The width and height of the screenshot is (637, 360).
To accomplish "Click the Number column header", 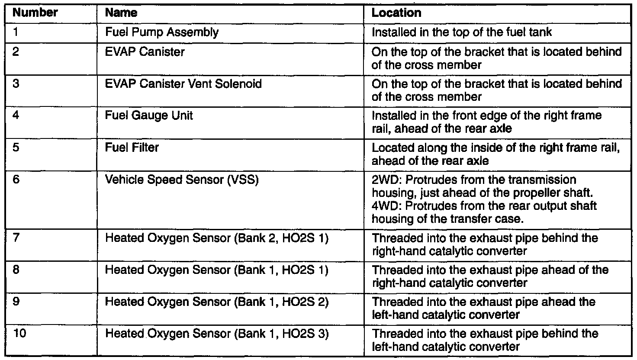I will pyautogui.click(x=35, y=13).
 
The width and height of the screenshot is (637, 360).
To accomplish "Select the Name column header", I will pyautogui.click(x=121, y=13).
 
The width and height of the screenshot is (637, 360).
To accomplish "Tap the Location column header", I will pyautogui.click(x=396, y=13).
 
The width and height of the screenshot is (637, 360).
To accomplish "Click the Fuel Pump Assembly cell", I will pyautogui.click(x=162, y=32).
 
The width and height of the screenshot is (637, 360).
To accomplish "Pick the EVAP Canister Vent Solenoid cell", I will pyautogui.click(x=183, y=84).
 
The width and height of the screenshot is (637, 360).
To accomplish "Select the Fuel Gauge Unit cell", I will pyautogui.click(x=149, y=116).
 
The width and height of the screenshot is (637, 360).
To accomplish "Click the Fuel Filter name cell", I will pyautogui.click(x=132, y=148).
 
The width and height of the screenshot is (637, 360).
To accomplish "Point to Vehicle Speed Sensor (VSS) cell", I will pyautogui.click(x=182, y=180).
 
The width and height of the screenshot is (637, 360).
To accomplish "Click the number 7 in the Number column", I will pyautogui.click(x=16, y=238).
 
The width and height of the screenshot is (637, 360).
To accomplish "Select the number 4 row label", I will pyautogui.click(x=16, y=116).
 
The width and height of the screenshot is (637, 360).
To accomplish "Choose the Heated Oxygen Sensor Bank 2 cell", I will pyautogui.click(x=216, y=238).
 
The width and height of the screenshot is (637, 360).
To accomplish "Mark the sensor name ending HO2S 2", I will pyautogui.click(x=216, y=302).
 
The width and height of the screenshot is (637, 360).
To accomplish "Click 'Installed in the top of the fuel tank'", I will pyautogui.click(x=462, y=32).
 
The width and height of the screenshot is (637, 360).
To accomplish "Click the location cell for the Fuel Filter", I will pyautogui.click(x=496, y=154).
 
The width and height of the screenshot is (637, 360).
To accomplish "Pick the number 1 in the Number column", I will pyautogui.click(x=16, y=32).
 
